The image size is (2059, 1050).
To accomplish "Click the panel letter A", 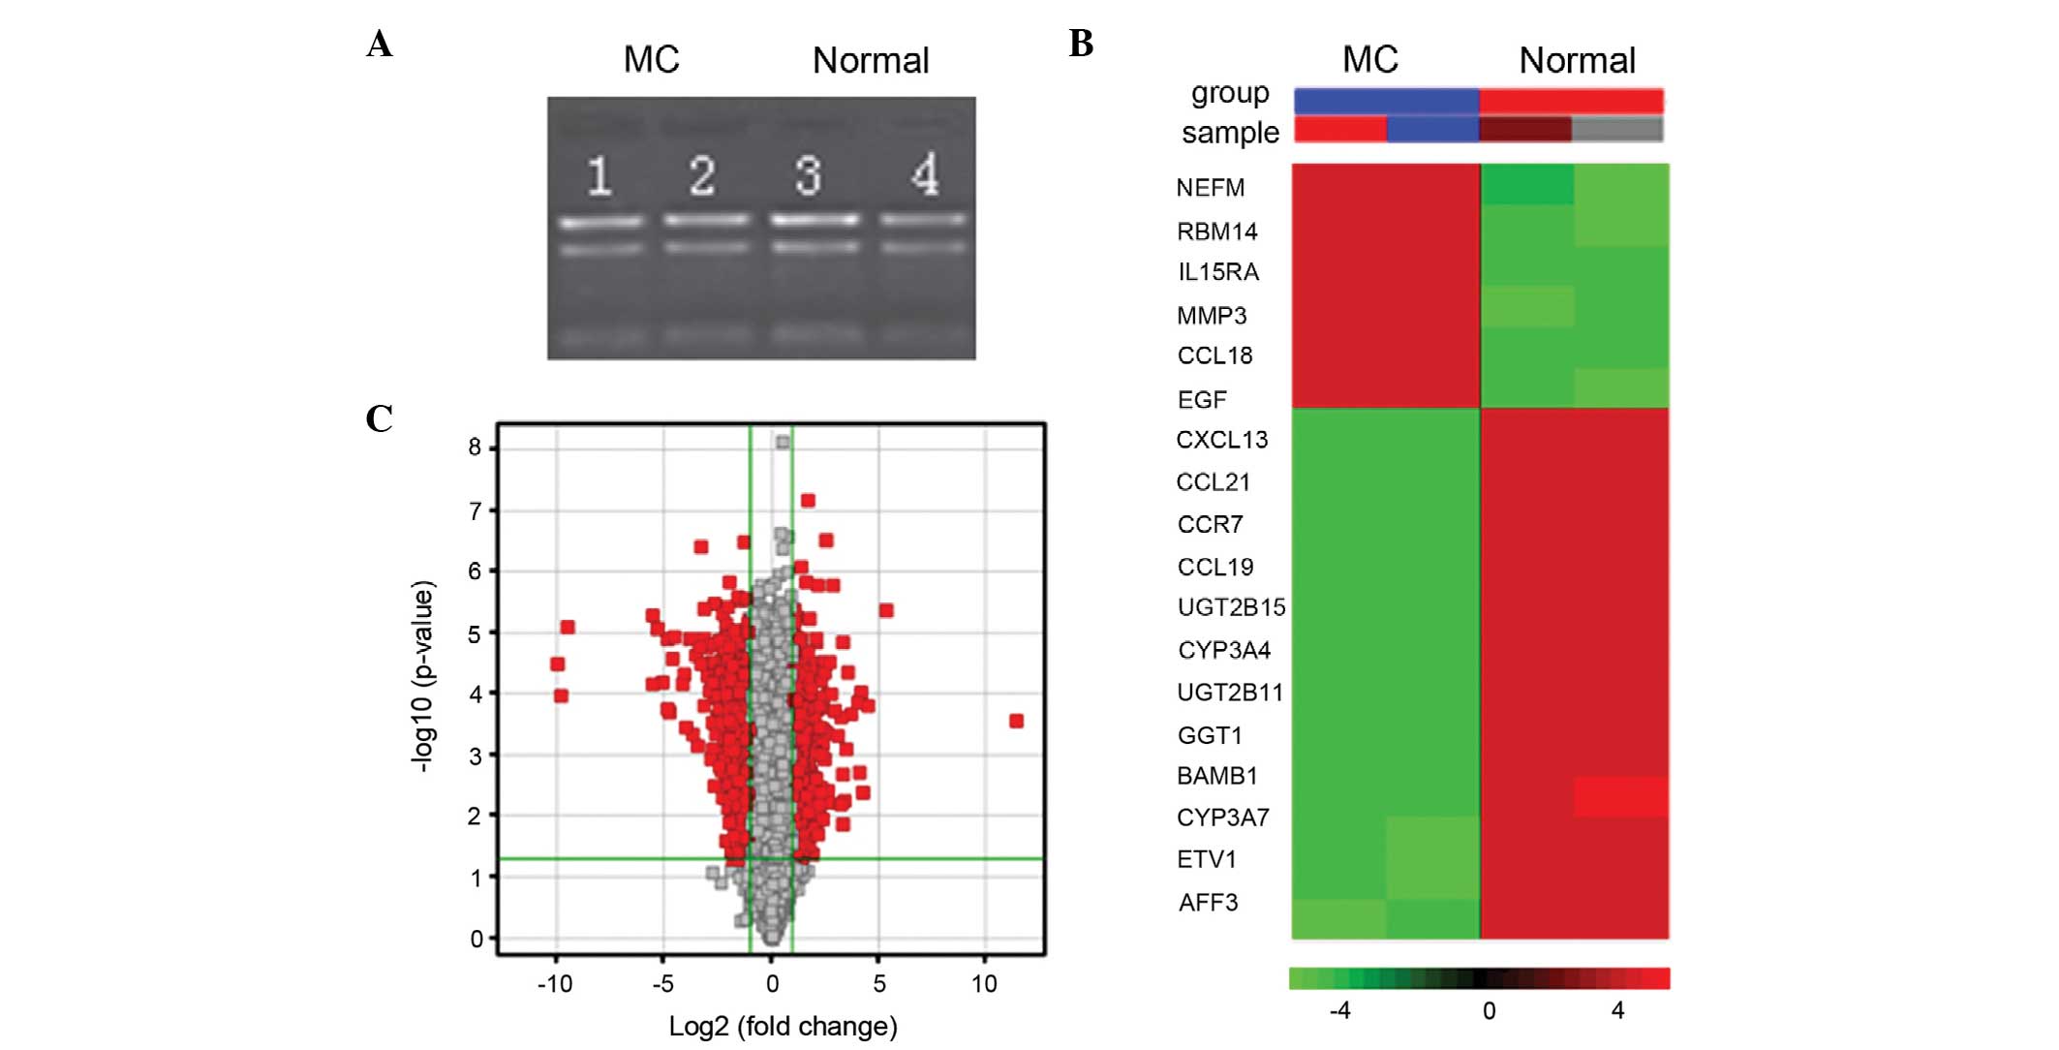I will pos(380,45).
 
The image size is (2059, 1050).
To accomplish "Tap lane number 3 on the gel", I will pos(809,176).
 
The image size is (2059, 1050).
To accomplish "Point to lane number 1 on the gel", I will pos(599,176).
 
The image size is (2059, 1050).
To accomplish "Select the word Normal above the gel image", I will pos(870,61).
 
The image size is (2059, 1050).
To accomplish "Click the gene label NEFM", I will pos(1210,188).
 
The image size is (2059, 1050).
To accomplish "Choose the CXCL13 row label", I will pos(1221,440).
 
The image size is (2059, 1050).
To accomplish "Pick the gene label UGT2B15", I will pos(1231,607).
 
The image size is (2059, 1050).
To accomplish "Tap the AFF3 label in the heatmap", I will pos(1208,903).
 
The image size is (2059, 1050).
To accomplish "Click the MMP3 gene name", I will pos(1212,316).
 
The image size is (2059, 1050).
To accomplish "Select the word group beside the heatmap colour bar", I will pos(1230,94).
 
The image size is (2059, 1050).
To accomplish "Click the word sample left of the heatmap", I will pos(1230,133).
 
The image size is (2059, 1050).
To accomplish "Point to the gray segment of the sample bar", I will pos(1617,129).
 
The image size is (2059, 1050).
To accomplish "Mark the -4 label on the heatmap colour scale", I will pos(1339,1011).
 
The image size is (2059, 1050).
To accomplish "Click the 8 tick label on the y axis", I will pos(475,448).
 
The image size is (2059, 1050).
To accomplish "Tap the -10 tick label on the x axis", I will pos(555,984).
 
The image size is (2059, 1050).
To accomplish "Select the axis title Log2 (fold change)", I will pos(783,1027).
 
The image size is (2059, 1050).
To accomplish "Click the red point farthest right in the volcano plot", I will pos(1016,721).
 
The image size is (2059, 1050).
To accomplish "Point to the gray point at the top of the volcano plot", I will pos(783,443).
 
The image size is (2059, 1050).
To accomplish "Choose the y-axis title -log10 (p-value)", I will pos(423,675).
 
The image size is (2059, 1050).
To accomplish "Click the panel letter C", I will pos(380,418).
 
